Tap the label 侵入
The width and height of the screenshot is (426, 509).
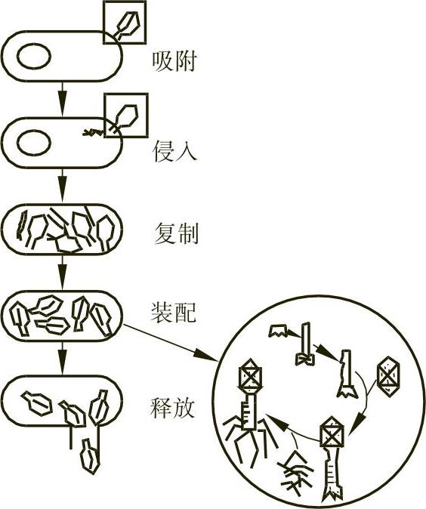pyautogui.click(x=174, y=151)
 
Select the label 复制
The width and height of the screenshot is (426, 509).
pyautogui.click(x=176, y=233)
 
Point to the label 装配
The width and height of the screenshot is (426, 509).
pyautogui.click(x=174, y=312)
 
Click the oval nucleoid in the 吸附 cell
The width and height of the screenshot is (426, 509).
pyautogui.click(x=34, y=56)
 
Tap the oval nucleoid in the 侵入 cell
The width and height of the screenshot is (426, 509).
pyautogui.click(x=34, y=143)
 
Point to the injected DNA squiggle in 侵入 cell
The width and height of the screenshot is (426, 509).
pyautogui.click(x=93, y=132)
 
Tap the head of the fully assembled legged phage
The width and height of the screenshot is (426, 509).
pyautogui.click(x=250, y=375)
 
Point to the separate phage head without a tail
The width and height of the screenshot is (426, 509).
pyautogui.click(x=387, y=376)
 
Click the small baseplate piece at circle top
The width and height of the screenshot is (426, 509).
pyautogui.click(x=279, y=331)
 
